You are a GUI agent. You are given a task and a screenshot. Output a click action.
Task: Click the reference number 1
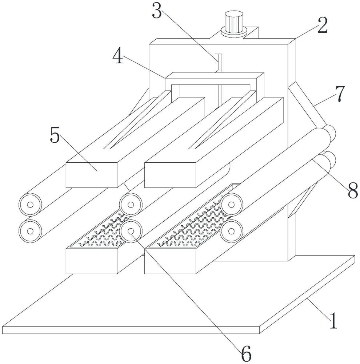(x=333, y=320)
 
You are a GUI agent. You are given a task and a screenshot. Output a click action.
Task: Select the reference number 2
(x=323, y=25)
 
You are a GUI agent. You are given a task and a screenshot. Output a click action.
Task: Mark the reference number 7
(x=340, y=94)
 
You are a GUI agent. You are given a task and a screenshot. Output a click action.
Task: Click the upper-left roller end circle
(x=30, y=205)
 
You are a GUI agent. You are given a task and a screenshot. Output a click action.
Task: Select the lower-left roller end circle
(x=30, y=231)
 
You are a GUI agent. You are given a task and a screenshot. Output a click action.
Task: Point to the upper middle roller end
(x=131, y=205)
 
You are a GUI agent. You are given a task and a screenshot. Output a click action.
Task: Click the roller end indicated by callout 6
(x=131, y=231)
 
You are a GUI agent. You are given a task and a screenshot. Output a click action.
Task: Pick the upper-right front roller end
(x=231, y=205)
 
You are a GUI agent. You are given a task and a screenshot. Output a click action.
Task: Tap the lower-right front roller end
(x=231, y=231)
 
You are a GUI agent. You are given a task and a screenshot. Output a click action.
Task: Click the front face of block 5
(x=92, y=175)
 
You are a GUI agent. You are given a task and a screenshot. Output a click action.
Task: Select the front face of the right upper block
(x=170, y=175)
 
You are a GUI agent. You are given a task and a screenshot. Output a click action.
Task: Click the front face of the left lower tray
(x=92, y=261)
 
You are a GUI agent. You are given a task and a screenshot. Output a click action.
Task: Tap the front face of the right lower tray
(x=170, y=261)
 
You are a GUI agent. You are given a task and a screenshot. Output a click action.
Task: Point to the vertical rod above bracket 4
(x=219, y=63)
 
